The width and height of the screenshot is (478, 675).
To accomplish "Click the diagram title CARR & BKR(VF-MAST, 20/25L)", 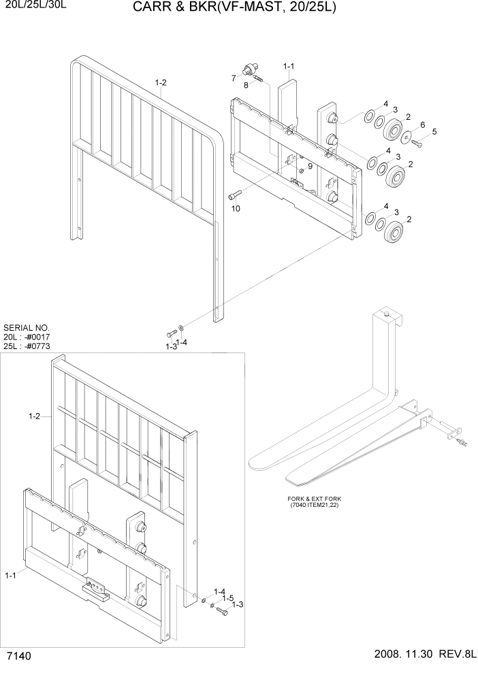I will [235, 8].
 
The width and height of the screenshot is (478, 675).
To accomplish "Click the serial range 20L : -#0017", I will [27, 337].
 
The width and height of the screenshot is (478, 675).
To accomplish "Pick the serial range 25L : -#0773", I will [27, 347].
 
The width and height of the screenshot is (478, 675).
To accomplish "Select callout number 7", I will [234, 77].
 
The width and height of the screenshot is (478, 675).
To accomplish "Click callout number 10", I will [236, 208].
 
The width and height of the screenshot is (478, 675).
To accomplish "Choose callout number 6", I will [423, 125].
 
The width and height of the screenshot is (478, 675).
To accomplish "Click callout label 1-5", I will [229, 597].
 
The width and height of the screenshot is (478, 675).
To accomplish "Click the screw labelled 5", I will [417, 143].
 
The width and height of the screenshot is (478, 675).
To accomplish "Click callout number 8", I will [246, 85].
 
